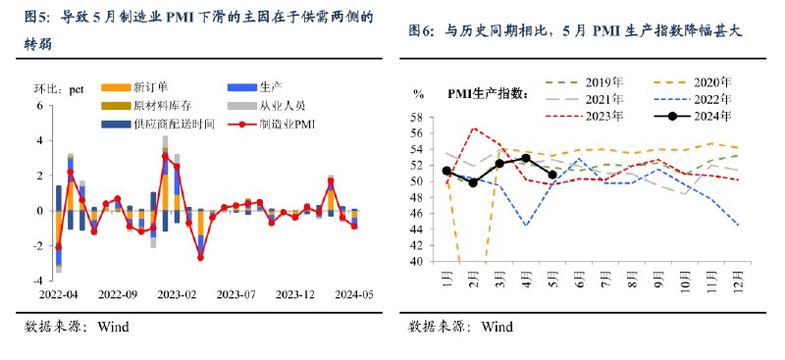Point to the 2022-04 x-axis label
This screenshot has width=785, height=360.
click(x=58, y=293)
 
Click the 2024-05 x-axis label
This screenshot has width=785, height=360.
click(x=354, y=293)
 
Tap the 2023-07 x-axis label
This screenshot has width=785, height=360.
click(x=235, y=293)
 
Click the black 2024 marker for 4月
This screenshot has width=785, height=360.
click(x=526, y=158)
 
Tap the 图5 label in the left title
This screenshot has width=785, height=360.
click(x=36, y=17)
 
